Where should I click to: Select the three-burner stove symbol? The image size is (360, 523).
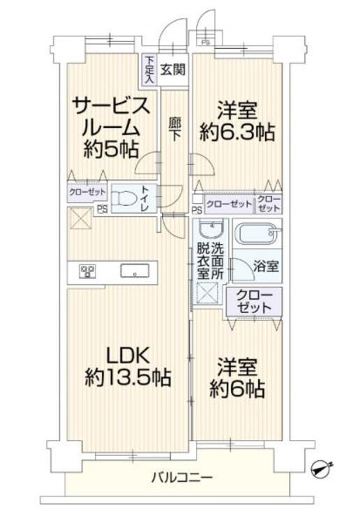point(88,271)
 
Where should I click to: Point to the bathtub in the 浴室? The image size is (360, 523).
point(257,233)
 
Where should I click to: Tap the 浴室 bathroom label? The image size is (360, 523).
point(265,266)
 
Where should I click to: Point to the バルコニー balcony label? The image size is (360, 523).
point(182,478)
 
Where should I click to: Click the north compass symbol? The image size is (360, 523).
point(322,469)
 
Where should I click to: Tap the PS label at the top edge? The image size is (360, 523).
point(204,42)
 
